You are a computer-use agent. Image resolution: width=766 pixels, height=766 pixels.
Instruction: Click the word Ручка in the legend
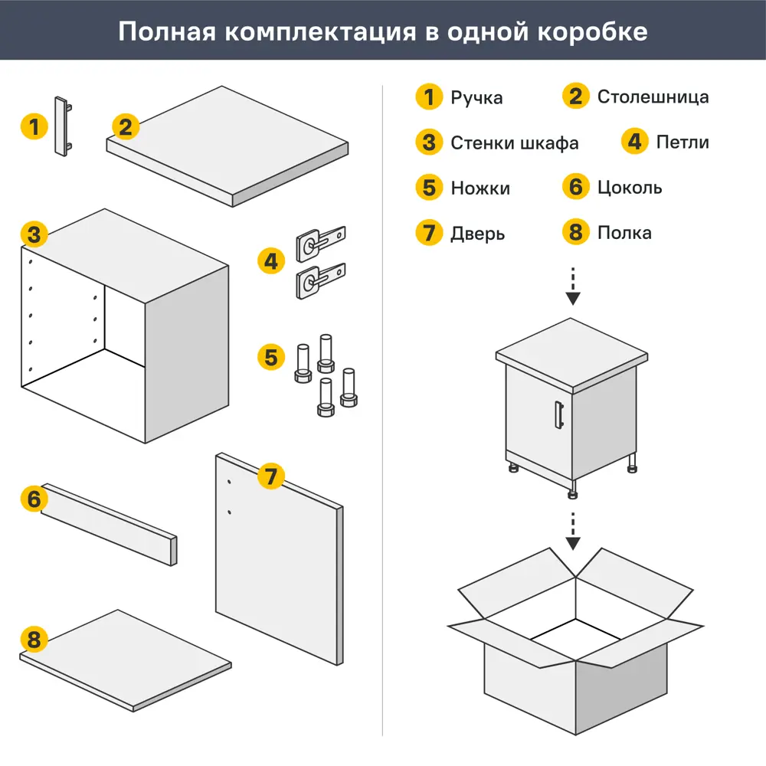[476, 97]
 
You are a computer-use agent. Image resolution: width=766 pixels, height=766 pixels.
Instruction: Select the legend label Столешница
[653, 97]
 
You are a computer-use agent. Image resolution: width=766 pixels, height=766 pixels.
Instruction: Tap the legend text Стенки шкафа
[514, 142]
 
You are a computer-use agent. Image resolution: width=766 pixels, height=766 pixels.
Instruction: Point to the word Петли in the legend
[683, 142]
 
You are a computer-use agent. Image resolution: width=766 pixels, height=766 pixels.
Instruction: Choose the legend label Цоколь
[630, 188]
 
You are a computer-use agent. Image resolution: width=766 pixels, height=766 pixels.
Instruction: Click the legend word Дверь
[477, 233]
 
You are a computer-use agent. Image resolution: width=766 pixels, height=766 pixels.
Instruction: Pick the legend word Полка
[624, 233]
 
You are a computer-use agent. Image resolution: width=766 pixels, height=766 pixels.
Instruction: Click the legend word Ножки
[480, 188]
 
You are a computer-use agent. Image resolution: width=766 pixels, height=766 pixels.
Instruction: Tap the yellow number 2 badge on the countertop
[126, 126]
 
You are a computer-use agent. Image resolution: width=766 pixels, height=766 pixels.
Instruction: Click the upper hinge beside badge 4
[320, 240]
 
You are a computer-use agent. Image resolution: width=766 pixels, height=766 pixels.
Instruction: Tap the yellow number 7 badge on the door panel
[270, 476]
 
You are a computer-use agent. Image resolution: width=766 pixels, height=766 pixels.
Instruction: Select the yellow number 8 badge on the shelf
[34, 639]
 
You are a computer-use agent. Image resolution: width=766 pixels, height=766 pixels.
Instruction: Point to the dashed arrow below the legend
[572, 286]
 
